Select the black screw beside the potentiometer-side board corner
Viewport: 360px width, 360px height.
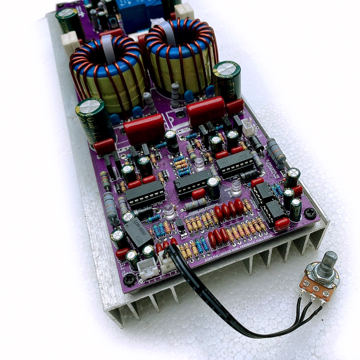pos(310,212)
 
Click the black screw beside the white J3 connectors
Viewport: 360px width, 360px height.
pos(130,279)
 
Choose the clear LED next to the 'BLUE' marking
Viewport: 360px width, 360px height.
pos(237,188)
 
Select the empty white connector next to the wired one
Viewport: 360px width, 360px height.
pos(148,270)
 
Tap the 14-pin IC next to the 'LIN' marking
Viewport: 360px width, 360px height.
pos(145,194)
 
